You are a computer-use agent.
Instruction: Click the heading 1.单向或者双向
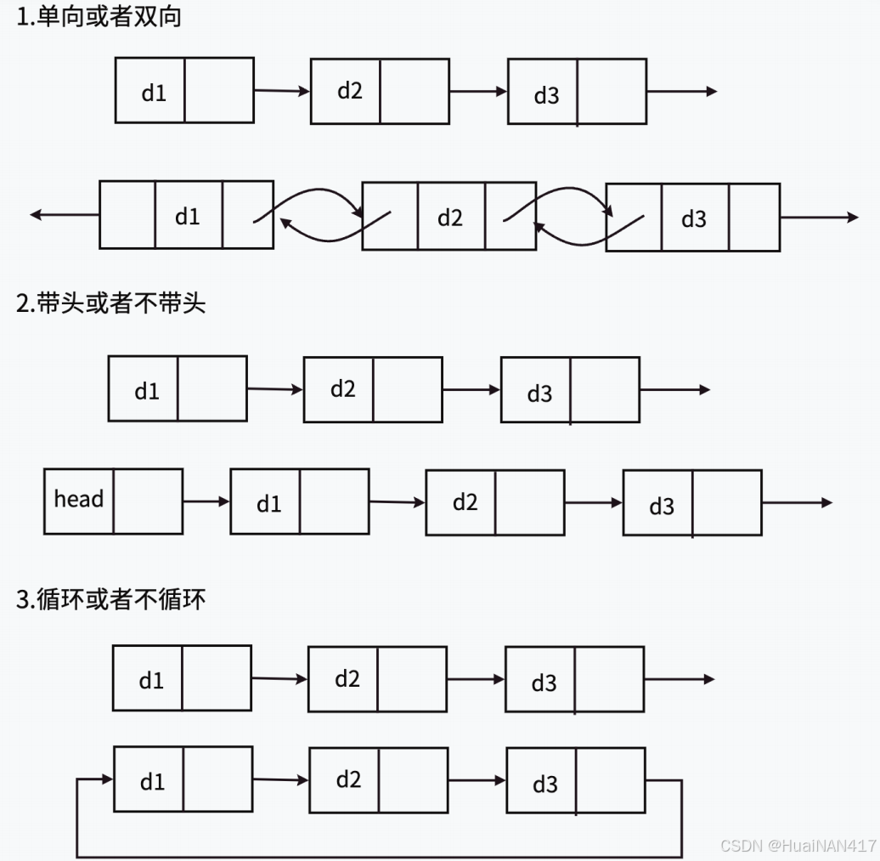click(99, 18)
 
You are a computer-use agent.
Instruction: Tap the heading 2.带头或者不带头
click(110, 303)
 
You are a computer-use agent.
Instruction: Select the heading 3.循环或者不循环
click(110, 599)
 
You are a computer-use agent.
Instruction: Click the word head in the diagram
click(78, 499)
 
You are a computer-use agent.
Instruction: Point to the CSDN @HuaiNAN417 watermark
click(798, 847)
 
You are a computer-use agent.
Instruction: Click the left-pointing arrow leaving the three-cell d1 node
click(64, 215)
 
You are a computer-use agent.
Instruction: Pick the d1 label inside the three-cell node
click(187, 217)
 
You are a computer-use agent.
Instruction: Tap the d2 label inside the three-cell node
click(450, 218)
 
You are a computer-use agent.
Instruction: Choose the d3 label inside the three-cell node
click(694, 219)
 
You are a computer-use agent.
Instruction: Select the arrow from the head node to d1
click(206, 501)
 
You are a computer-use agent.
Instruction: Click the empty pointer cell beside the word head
click(148, 501)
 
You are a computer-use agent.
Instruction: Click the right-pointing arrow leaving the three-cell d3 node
click(819, 218)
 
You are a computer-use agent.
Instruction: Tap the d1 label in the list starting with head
click(268, 504)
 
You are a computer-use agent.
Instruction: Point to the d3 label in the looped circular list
click(544, 784)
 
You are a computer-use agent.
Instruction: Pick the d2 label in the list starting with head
click(465, 502)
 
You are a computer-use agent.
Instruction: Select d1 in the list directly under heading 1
click(154, 93)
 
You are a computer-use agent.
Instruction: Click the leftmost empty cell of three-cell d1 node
click(127, 215)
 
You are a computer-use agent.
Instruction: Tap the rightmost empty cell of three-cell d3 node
click(754, 218)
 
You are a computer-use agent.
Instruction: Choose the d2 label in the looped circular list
click(348, 779)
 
